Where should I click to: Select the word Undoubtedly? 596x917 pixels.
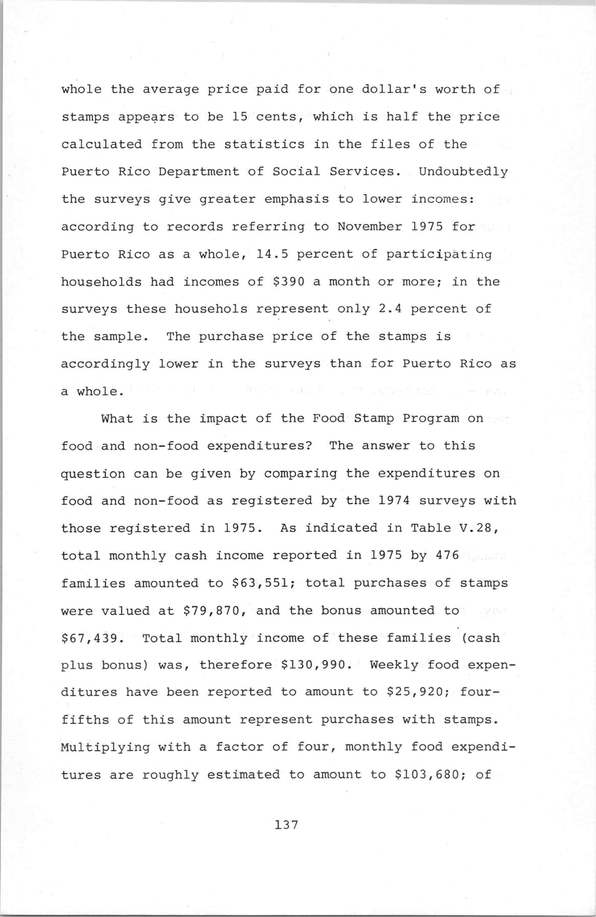point(463,172)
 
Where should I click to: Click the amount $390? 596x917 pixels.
point(289,282)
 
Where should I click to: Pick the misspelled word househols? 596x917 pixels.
point(211,309)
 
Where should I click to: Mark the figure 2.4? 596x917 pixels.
point(390,309)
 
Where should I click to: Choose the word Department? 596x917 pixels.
point(199,172)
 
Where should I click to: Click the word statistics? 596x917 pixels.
point(264,144)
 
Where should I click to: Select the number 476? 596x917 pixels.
point(447,555)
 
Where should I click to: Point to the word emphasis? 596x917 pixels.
point(297,199)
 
